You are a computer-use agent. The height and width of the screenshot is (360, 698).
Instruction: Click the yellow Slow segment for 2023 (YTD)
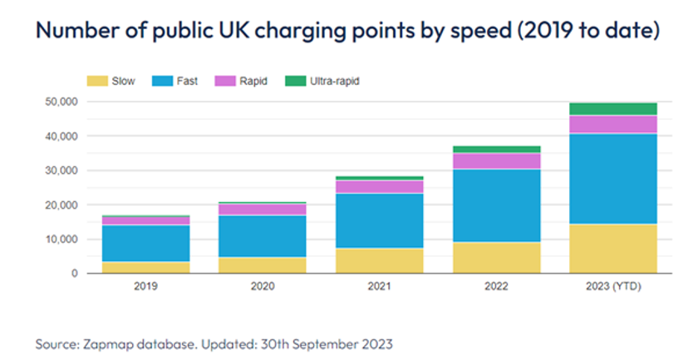click(612, 249)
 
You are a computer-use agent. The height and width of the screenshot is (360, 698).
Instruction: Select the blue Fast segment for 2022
click(496, 205)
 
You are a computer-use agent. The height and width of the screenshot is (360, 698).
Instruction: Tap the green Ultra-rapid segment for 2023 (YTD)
click(612, 109)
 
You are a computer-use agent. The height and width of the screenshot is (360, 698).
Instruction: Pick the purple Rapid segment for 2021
click(380, 187)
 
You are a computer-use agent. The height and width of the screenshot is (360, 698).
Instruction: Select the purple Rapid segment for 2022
click(496, 160)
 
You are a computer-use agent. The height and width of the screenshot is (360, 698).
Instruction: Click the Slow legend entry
click(111, 81)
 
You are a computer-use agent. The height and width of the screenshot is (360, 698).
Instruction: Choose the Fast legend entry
click(177, 81)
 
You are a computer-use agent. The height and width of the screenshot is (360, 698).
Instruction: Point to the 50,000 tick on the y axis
click(60, 101)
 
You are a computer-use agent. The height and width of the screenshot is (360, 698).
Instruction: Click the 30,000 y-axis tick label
click(60, 170)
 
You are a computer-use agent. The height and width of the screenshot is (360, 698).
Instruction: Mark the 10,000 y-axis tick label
click(60, 239)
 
